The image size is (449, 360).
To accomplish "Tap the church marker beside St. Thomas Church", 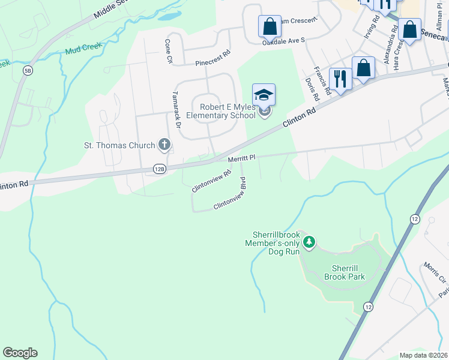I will [x=164, y=145].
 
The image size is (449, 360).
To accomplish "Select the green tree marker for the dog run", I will [x=309, y=243].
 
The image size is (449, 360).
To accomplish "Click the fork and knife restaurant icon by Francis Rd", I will [x=340, y=79].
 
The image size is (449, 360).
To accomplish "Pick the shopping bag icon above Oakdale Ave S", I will [x=270, y=26].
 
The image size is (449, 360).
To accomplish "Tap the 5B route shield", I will [x=28, y=71].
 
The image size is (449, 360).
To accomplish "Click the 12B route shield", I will [x=158, y=169].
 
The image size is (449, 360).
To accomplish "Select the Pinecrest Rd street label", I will [x=213, y=58].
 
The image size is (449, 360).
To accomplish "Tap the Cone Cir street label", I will [x=169, y=52].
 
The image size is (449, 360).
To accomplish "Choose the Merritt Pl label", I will [x=242, y=158].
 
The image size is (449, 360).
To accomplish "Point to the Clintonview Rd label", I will [x=211, y=181].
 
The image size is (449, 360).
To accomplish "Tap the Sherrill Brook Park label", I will [x=345, y=273].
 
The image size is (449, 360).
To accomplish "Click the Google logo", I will [x=20, y=353].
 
